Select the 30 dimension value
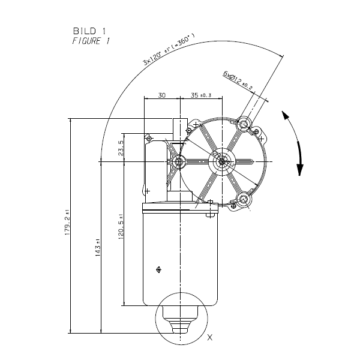(x=161, y=95)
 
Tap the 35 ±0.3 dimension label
(x=202, y=95)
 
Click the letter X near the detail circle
(x=209, y=338)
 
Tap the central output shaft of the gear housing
(x=221, y=161)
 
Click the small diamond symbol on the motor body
(x=158, y=269)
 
